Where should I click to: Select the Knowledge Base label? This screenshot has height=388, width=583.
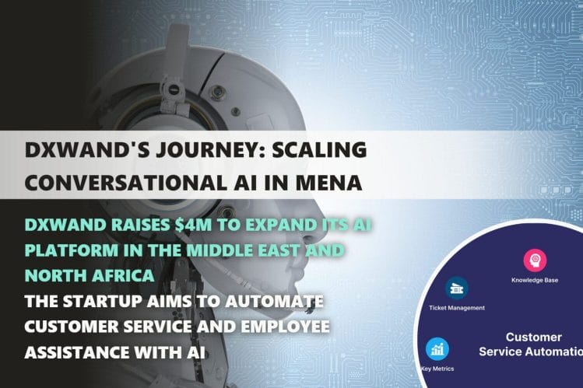[535, 279]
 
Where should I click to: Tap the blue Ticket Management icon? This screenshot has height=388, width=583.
[456, 288]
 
